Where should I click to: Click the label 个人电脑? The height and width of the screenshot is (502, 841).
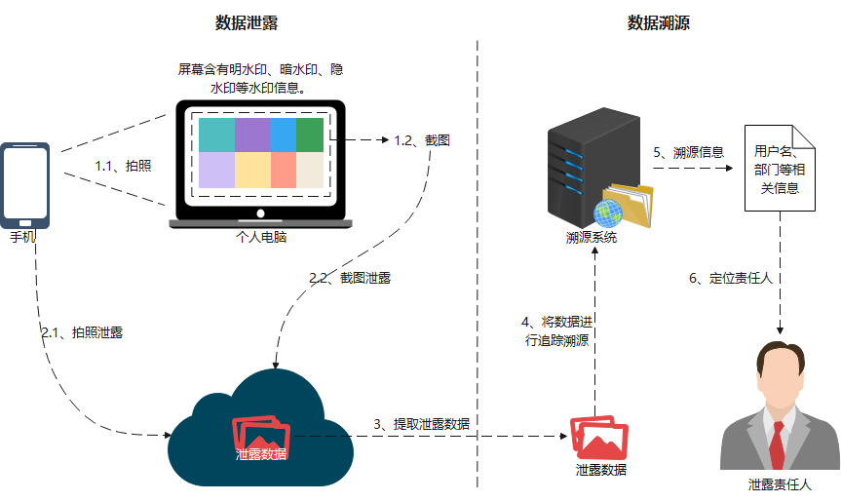pos(261,237)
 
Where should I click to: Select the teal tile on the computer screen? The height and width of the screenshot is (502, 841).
pos(216,135)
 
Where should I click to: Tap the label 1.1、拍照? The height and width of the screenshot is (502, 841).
pos(123,166)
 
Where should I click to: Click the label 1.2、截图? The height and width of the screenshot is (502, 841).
pos(422,140)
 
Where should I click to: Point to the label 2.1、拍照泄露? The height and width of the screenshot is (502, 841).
pos(82,331)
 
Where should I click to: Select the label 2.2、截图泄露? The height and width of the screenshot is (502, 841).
pos(350,278)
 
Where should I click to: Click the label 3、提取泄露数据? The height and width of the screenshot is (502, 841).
pos(421,424)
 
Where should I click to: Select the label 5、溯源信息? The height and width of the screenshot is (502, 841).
pos(689,152)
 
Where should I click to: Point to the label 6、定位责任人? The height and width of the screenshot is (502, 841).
pos(731,278)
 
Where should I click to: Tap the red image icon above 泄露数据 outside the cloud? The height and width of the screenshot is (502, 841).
pos(598,439)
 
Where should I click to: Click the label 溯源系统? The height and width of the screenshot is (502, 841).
pos(592,237)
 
